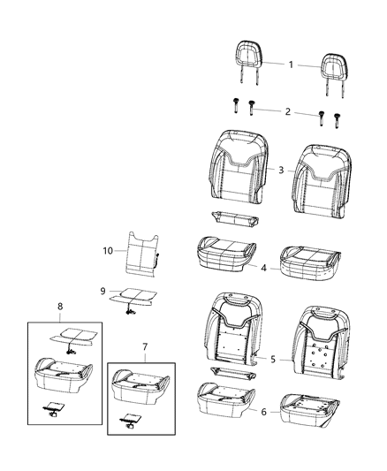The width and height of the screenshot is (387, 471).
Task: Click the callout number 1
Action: click(292, 64)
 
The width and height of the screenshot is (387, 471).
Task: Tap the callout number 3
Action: click(282, 168)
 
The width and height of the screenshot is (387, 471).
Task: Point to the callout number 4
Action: click(264, 266)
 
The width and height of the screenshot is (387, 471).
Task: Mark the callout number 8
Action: click(61, 308)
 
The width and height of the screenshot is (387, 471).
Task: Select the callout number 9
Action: click(102, 291)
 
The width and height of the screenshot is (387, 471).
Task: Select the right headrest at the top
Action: click(335, 65)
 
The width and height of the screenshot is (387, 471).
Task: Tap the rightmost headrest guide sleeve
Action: click(337, 117)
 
